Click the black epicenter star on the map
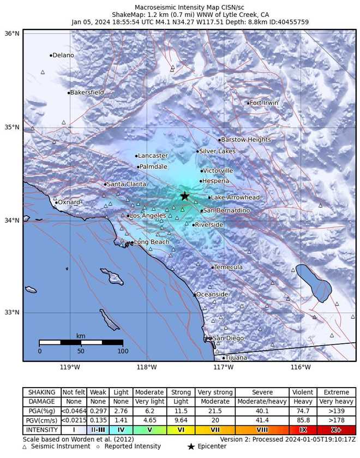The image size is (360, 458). pos(185,196)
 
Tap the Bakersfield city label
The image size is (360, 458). pos(87,93)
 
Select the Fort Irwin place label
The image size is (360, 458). pos(264,103)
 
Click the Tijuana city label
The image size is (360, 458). pos(236,358)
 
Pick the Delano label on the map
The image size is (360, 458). pos(63,55)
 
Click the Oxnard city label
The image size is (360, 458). pos(69,203)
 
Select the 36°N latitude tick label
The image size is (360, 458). pos(12,33)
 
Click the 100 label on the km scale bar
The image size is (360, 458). pos(122,351)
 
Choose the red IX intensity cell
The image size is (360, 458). pos(303,430)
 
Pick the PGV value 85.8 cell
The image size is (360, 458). pos(303,420)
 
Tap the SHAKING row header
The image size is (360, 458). pos(41,392)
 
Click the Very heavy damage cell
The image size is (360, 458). pos(337,401)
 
